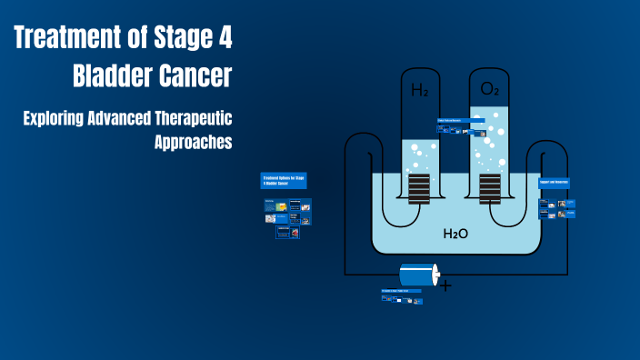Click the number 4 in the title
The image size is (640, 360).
223,39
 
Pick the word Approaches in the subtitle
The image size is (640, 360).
193,142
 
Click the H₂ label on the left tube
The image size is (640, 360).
420,91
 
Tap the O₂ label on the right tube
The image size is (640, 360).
489,89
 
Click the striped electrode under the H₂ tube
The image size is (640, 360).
419,188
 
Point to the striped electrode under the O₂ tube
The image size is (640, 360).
489,188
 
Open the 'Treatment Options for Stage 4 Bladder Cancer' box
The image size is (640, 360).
285,180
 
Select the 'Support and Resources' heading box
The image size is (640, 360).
554,183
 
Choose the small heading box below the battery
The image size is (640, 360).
401,291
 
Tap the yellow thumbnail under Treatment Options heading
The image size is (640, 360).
282,208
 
